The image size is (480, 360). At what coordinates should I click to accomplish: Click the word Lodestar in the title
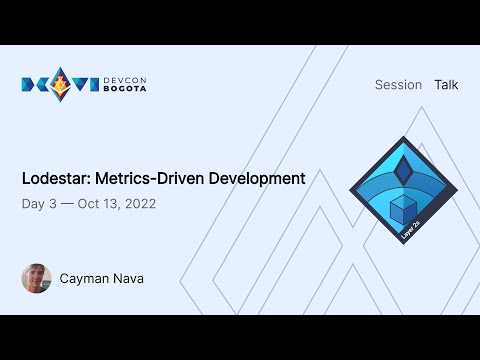point(53,179)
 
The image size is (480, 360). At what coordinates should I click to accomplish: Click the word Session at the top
point(398,85)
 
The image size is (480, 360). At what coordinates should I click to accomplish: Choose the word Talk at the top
point(446,85)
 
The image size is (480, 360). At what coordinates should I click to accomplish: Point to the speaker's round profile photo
point(36,278)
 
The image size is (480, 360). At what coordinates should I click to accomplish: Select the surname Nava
point(129,278)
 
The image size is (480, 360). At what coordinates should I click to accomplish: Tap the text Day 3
point(38,203)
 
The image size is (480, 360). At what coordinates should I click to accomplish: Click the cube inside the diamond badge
point(403,210)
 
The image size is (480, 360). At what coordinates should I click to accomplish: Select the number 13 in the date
point(112,203)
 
